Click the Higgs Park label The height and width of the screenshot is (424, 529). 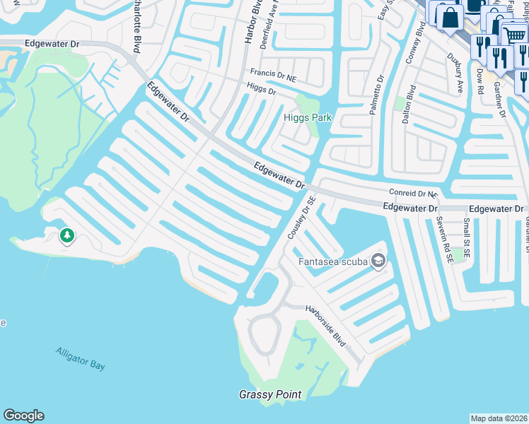(308, 117)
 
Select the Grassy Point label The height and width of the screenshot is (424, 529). (270, 394)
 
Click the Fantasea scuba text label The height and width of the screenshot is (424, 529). (332, 261)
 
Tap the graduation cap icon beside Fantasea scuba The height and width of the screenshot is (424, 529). (378, 262)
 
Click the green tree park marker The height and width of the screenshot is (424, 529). (67, 235)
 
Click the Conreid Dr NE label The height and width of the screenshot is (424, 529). (414, 193)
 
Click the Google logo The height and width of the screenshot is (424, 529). (23, 416)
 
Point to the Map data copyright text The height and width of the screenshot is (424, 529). (499, 418)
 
